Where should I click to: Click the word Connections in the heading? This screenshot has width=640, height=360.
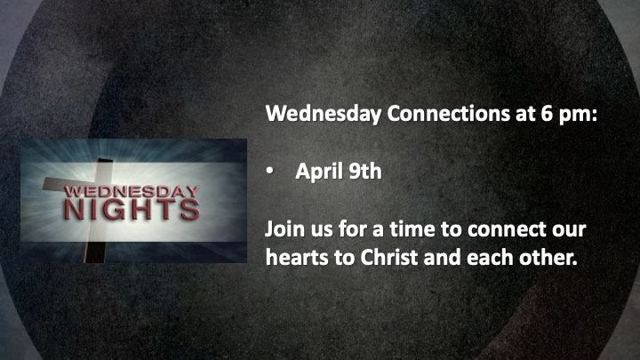pos(449,114)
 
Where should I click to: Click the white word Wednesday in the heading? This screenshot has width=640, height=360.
pos(324,115)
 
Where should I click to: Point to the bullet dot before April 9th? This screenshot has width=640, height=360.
pos(270,172)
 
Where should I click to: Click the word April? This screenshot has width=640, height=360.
pos(319,172)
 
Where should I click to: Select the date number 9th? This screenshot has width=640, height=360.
pos(365,171)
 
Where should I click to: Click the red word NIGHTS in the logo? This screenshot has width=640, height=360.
pos(132,210)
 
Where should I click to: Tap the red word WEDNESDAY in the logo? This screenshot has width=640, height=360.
pos(132,191)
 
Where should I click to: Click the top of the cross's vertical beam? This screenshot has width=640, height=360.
pos(105,160)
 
